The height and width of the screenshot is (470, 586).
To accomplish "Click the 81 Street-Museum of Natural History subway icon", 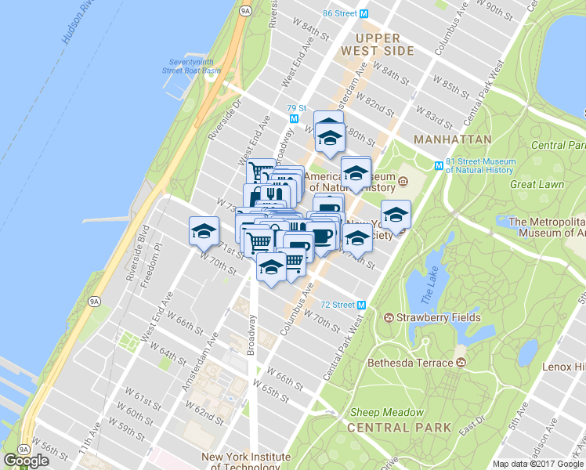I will [x=439, y=165].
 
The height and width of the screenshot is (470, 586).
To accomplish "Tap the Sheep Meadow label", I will [x=387, y=413].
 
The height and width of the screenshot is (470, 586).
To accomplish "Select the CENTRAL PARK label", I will [x=399, y=428].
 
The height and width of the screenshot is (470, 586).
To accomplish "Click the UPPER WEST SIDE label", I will [x=377, y=45].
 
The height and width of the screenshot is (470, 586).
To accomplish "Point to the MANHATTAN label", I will [x=453, y=139].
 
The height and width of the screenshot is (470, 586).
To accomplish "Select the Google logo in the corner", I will [x=26, y=461].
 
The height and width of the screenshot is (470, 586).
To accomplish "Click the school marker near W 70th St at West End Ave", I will [x=204, y=230].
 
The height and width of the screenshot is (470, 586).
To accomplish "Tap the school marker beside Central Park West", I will [x=396, y=214].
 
